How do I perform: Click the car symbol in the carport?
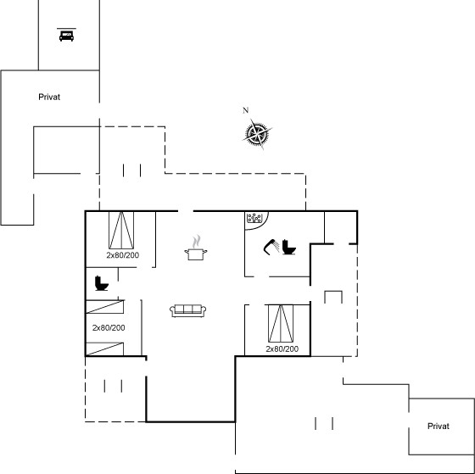pos(67,35)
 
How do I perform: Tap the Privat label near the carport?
pos(49,97)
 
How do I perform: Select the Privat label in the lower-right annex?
pos(438,427)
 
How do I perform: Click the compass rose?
pos(257,134)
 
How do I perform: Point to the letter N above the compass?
pos(246,110)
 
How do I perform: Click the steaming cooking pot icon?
pos(196,247)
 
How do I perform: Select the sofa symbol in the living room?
pos(187,310)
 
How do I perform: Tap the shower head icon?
pos(271,247)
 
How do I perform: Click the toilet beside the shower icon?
pos(289,247)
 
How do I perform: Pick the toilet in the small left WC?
pos(102,283)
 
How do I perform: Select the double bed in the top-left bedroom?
pos(121,230)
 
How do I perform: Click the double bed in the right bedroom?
pos(281,323)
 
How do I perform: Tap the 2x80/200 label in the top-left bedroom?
pos(123,255)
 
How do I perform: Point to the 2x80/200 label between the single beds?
pos(109,327)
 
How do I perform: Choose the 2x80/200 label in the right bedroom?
pos(282,349)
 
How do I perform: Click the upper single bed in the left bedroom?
pos(105,307)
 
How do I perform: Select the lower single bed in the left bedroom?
pos(105,349)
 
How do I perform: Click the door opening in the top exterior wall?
pos(186,211)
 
